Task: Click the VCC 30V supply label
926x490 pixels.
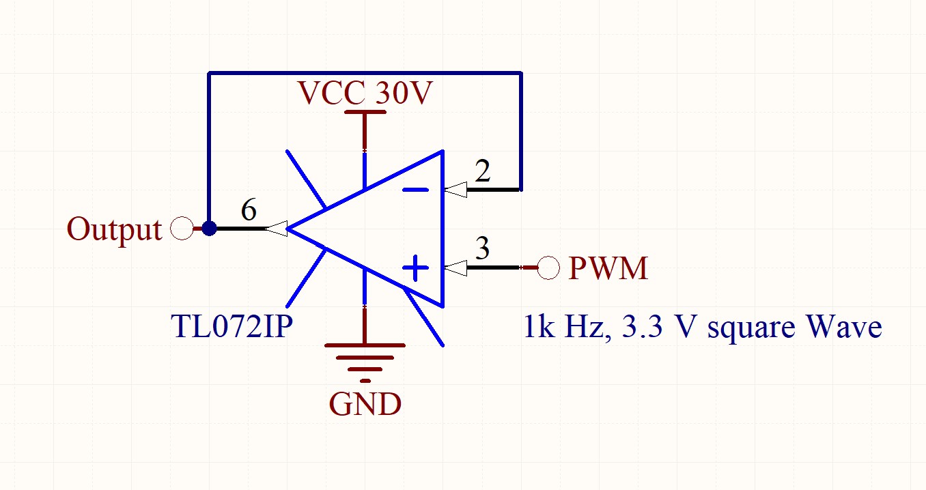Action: pos(365,93)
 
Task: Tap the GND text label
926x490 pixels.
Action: pos(365,404)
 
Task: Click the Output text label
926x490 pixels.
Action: pos(115,229)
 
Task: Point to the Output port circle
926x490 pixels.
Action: pos(182,229)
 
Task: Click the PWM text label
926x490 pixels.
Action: pos(608,268)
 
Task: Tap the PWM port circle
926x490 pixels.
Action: pos(548,268)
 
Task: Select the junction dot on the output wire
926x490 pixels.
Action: pos(209,229)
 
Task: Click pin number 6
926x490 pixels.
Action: pos(249,212)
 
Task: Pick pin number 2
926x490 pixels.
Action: pos(483,172)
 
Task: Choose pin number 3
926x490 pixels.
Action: pos(483,249)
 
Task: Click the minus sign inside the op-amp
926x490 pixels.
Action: pos(415,190)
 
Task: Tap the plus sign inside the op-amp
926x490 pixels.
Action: pos(415,268)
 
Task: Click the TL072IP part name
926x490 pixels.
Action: pos(232,328)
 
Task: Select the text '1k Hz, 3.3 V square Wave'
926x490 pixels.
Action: pos(703,328)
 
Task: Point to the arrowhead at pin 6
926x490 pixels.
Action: pos(275,229)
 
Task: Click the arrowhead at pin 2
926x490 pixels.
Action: pos(455,190)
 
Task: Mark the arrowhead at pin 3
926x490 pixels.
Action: pos(455,268)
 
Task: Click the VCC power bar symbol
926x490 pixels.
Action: pos(365,112)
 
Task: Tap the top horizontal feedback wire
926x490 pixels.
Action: pos(365,72)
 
